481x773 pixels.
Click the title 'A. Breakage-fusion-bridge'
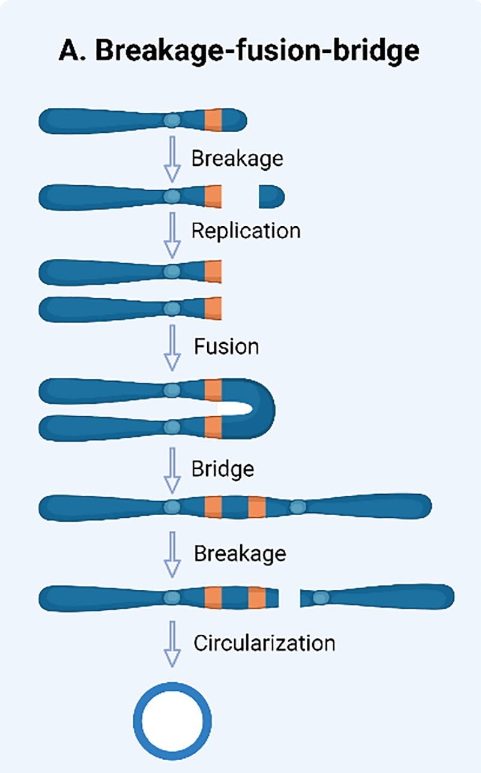coord(239,52)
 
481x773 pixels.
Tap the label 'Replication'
coord(246,231)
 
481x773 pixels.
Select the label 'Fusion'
coord(226,347)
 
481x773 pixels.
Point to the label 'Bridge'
coord(222,468)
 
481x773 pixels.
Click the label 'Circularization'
coord(264,643)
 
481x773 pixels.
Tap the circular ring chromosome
coord(172,720)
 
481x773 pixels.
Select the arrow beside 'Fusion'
coord(172,347)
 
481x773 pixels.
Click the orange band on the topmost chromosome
coord(213,120)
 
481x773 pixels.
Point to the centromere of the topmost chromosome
coord(172,121)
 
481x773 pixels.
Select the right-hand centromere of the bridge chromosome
coord(297,507)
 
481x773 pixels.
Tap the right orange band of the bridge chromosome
coord(257,507)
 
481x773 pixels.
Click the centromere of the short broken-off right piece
coord(321,597)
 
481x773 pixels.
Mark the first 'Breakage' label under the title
coord(237,159)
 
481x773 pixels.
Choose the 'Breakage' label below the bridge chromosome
coord(240,554)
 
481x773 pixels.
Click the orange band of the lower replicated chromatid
coord(213,309)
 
